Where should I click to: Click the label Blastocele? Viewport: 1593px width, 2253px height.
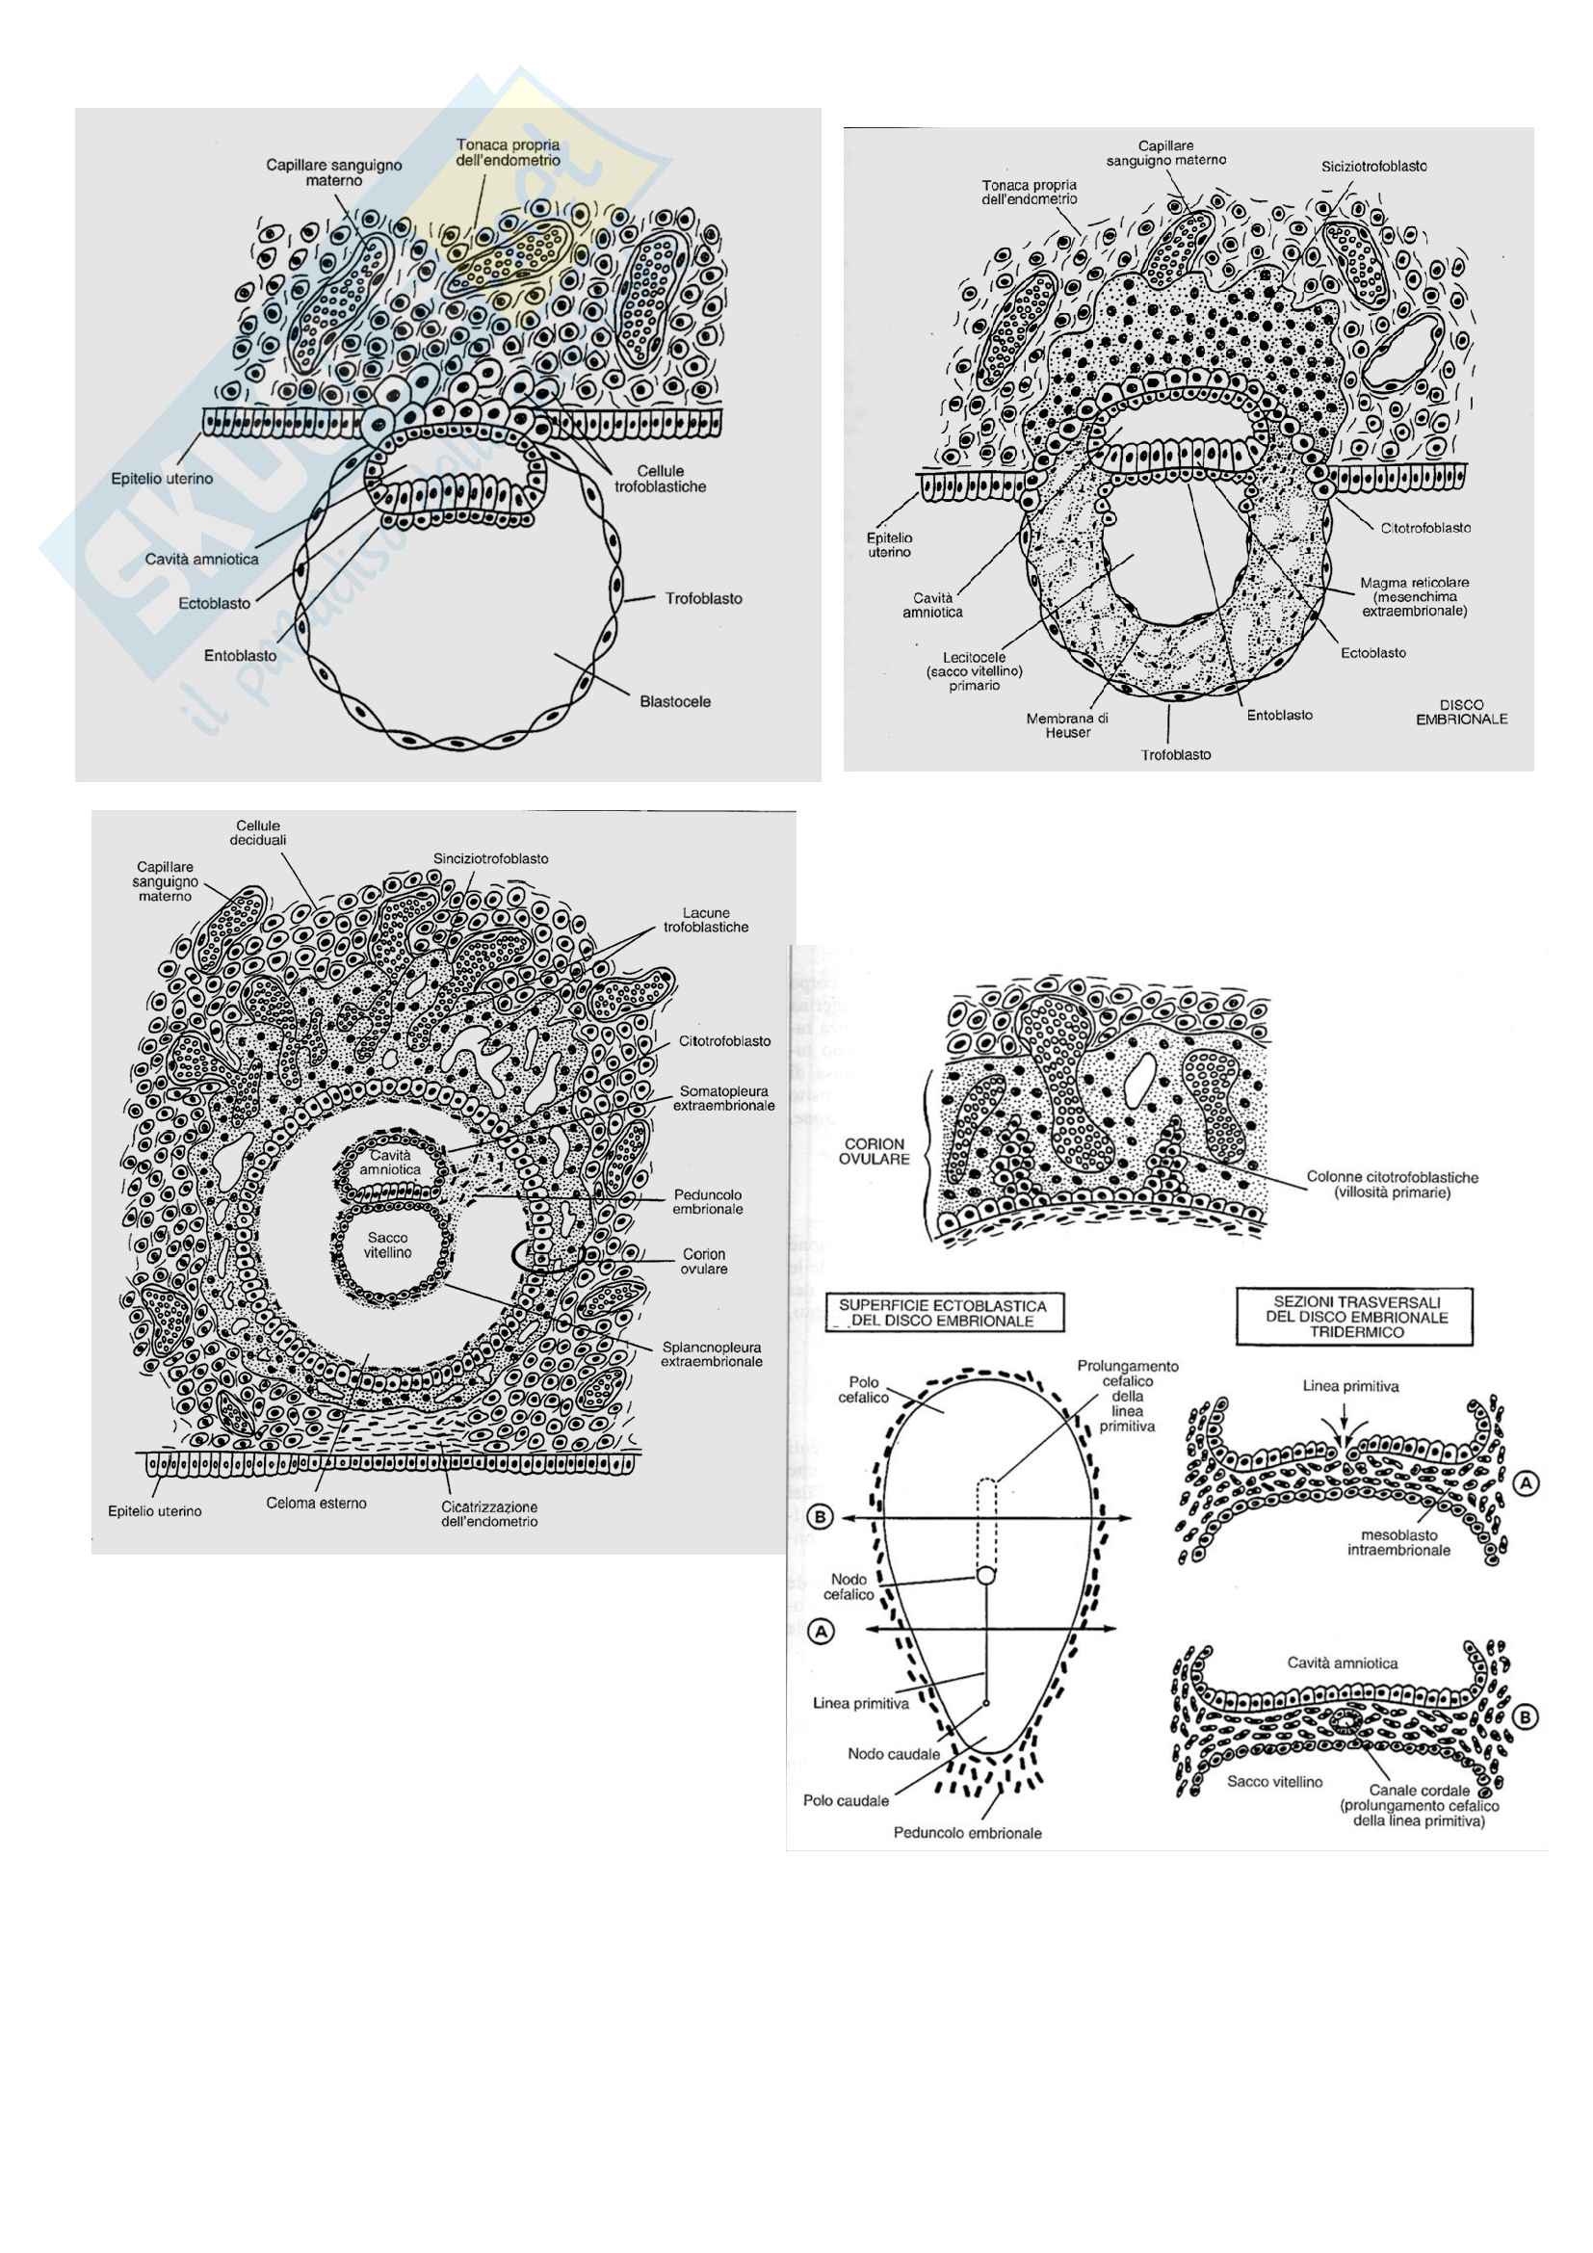[x=675, y=701]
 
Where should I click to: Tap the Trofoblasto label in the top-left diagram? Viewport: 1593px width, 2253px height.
[x=703, y=598]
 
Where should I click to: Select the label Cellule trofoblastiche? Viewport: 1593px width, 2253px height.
[x=660, y=479]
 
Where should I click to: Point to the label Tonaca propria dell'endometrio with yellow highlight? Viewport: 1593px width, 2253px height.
[x=509, y=152]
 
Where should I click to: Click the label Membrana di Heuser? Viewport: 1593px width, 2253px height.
[x=1067, y=725]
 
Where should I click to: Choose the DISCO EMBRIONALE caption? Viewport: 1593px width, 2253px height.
[x=1462, y=712]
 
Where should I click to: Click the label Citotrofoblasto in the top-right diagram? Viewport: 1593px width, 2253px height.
[x=1425, y=528]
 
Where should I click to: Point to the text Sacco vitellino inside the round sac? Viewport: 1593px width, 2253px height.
[x=389, y=1245]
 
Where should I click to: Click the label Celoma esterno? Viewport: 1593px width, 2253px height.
[x=317, y=1504]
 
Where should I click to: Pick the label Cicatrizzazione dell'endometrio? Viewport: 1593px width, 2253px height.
[x=489, y=1514]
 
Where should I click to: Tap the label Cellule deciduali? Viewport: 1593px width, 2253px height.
[x=258, y=833]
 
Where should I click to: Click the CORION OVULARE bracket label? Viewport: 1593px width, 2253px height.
[x=874, y=1151]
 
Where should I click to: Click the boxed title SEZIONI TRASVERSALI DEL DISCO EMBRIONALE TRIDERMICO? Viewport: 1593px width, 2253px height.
[x=1357, y=1316]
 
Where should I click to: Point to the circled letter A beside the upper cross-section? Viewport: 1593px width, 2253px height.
[x=1526, y=1485]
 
